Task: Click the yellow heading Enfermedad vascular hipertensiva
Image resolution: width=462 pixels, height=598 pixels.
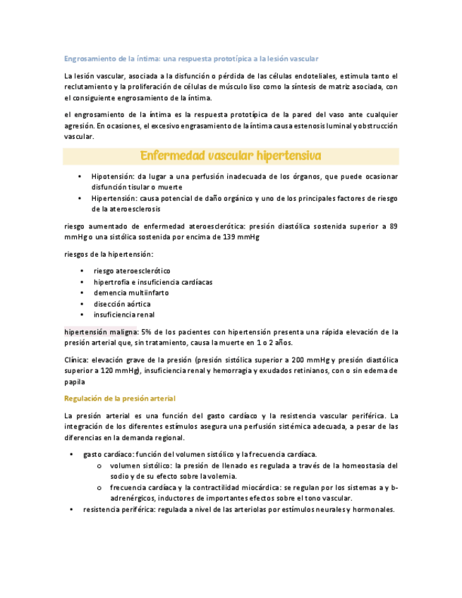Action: [231, 155]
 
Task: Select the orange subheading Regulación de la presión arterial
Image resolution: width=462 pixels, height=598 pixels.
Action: [118, 398]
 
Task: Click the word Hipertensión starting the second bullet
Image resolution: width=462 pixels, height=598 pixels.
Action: [114, 199]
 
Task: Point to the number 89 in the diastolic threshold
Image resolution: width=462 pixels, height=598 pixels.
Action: [394, 226]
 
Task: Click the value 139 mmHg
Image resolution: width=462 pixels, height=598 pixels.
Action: [242, 237]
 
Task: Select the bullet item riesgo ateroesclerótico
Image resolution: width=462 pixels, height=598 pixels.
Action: [131, 271]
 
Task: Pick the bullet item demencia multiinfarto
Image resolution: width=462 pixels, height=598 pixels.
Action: [131, 293]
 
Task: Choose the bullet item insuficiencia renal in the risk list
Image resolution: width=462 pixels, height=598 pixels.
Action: [123, 315]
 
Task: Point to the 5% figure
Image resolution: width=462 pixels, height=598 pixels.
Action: [147, 331]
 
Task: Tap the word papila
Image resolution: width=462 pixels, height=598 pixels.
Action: [74, 381]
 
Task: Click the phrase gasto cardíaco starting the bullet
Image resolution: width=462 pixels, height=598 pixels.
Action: [108, 454]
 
